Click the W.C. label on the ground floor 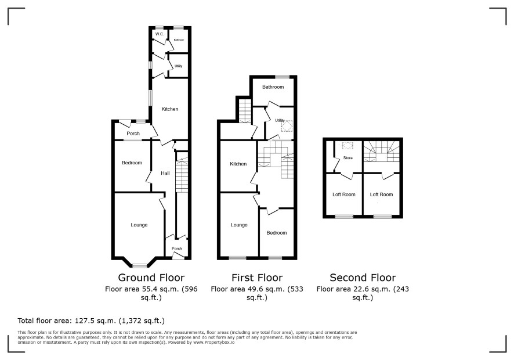tap(160, 34)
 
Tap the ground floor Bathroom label tap(179, 40)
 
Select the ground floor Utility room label tap(178, 66)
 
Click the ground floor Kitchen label tap(170, 109)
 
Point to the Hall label tap(165, 173)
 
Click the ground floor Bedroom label tap(132, 163)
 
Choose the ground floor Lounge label tap(139, 225)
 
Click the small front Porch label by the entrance tap(177, 249)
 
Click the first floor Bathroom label tap(273, 87)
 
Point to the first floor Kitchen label tap(238, 164)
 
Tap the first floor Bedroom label tap(277, 233)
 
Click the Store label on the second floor tap(348, 158)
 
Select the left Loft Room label tap(344, 195)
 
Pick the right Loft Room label tap(381, 195)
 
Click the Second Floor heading tap(363, 278)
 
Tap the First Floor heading tap(257, 278)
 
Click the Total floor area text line tap(91, 321)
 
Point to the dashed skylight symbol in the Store tap(346, 146)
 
